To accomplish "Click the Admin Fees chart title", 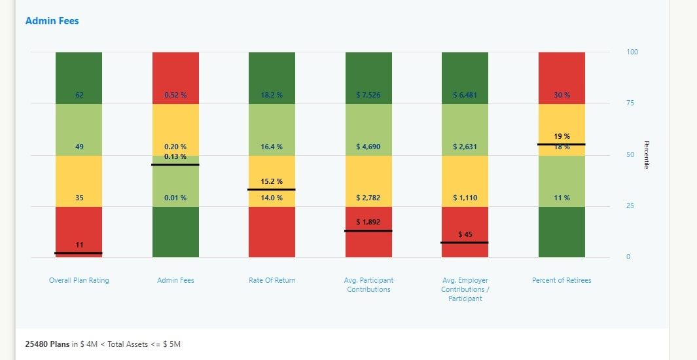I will (x=52, y=21).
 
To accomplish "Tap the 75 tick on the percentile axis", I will (x=632, y=103).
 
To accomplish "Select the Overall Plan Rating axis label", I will (x=79, y=280).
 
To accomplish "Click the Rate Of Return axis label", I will (x=272, y=280).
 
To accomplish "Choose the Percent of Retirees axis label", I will (x=562, y=280).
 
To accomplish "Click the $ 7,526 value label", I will (x=368, y=96).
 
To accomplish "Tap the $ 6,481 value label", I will (x=465, y=96).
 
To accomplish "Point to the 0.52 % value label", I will (x=175, y=96).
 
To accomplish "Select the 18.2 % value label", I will (x=272, y=96).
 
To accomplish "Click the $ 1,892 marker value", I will (x=368, y=222).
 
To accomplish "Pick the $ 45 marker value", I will (x=465, y=234).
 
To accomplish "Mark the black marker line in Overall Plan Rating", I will (x=79, y=253).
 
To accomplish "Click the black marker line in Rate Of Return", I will (x=272, y=189).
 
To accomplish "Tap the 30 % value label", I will (x=562, y=96).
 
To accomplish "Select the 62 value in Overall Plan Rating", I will (x=79, y=96).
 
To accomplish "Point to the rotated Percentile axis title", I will (x=647, y=155).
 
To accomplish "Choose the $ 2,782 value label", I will (x=368, y=198).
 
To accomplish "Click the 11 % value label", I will (x=562, y=198).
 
